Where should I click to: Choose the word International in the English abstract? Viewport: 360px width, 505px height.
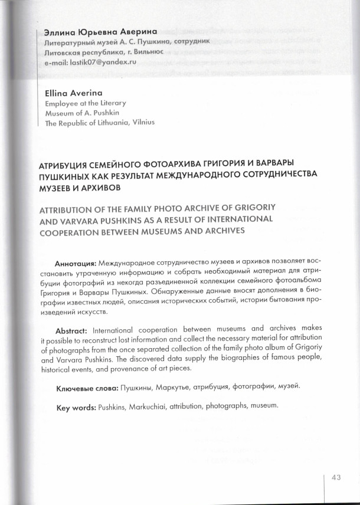(130, 329)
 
